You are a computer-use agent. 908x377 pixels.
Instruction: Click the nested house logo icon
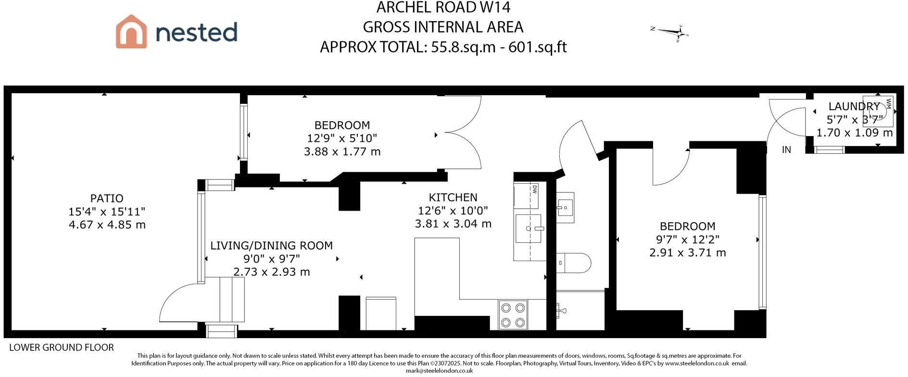point(131,31)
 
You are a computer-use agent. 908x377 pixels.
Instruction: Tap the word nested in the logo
point(197,32)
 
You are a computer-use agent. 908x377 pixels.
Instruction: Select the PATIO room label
point(107,198)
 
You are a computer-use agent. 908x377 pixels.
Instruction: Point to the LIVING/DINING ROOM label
point(271,246)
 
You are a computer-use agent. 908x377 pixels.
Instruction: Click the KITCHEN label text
point(453,197)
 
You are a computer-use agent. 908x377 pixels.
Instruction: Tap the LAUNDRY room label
point(854,106)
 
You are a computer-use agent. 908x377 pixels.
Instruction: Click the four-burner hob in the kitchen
point(513,315)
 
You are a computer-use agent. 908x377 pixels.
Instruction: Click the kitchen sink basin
point(528,229)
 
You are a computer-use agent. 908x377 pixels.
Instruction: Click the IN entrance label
point(786,150)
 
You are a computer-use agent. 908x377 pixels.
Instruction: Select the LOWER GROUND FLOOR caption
point(62,348)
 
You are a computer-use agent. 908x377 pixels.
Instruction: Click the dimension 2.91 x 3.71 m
point(687,253)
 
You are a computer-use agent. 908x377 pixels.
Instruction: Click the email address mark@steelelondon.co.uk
point(439,371)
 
